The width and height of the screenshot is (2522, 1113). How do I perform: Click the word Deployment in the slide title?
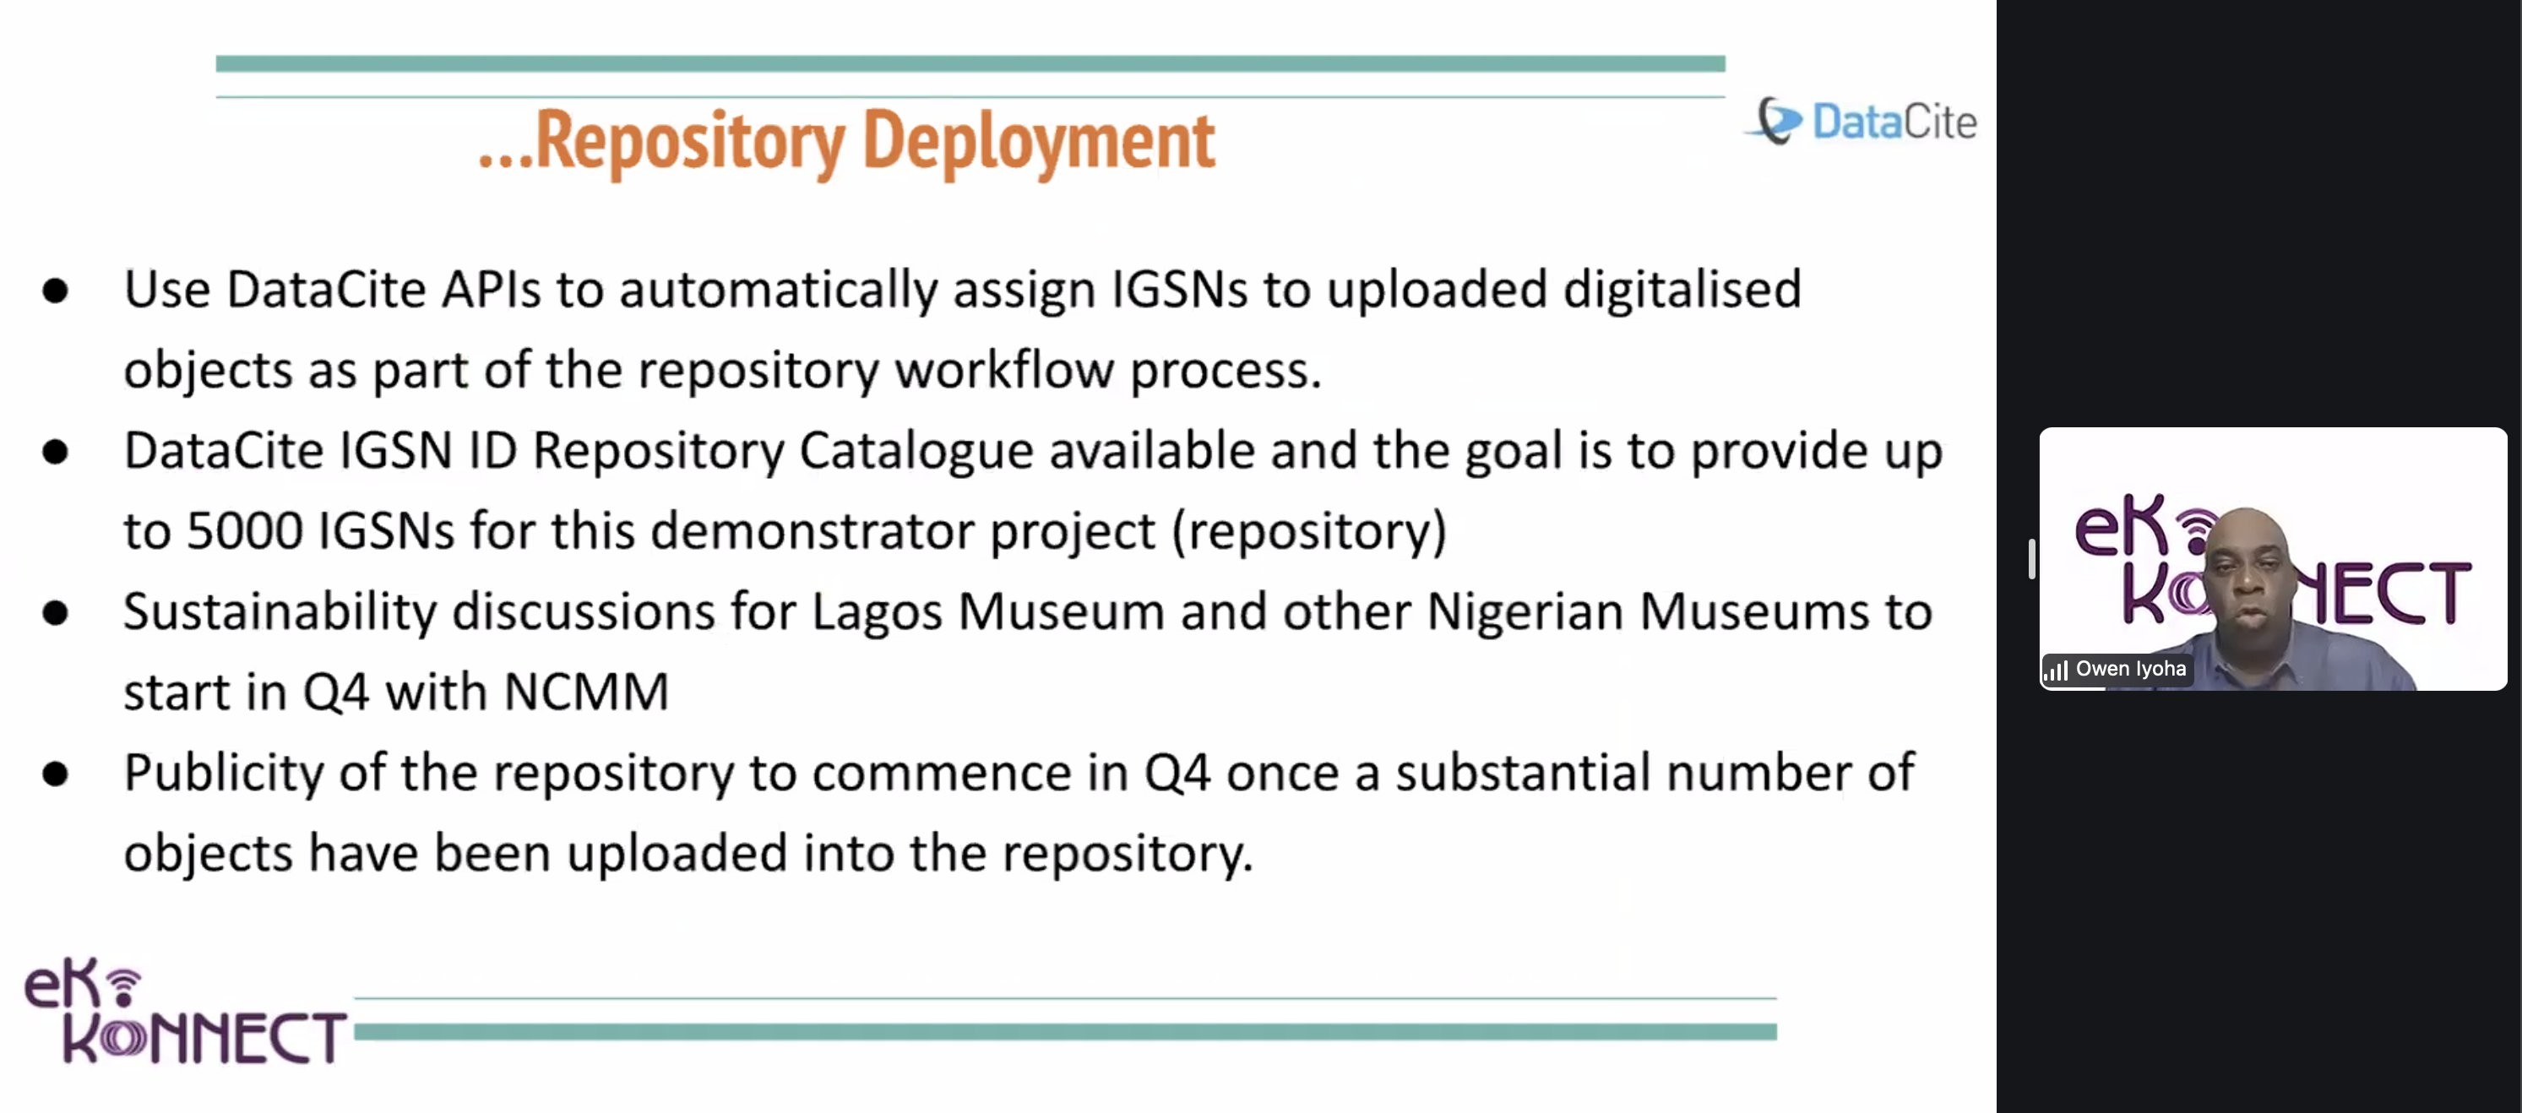pos(1039,142)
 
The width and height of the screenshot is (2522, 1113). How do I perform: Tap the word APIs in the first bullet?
pos(492,290)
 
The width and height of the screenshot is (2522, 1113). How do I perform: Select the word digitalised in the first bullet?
pos(1682,290)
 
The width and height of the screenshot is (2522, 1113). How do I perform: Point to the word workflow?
pos(1004,370)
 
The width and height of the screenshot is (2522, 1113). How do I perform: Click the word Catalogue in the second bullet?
pos(916,451)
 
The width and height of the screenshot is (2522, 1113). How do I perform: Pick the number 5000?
pos(245,531)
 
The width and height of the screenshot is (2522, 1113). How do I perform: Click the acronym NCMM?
pos(586,693)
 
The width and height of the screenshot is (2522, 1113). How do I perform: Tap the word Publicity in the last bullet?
pos(223,774)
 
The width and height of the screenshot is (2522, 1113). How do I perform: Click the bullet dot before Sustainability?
pos(56,614)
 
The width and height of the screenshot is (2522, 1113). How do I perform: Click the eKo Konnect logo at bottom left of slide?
pos(185,1013)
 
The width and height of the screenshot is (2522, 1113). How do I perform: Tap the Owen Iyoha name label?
pos(2130,670)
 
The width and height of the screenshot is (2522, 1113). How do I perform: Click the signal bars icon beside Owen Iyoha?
pos(2056,671)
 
